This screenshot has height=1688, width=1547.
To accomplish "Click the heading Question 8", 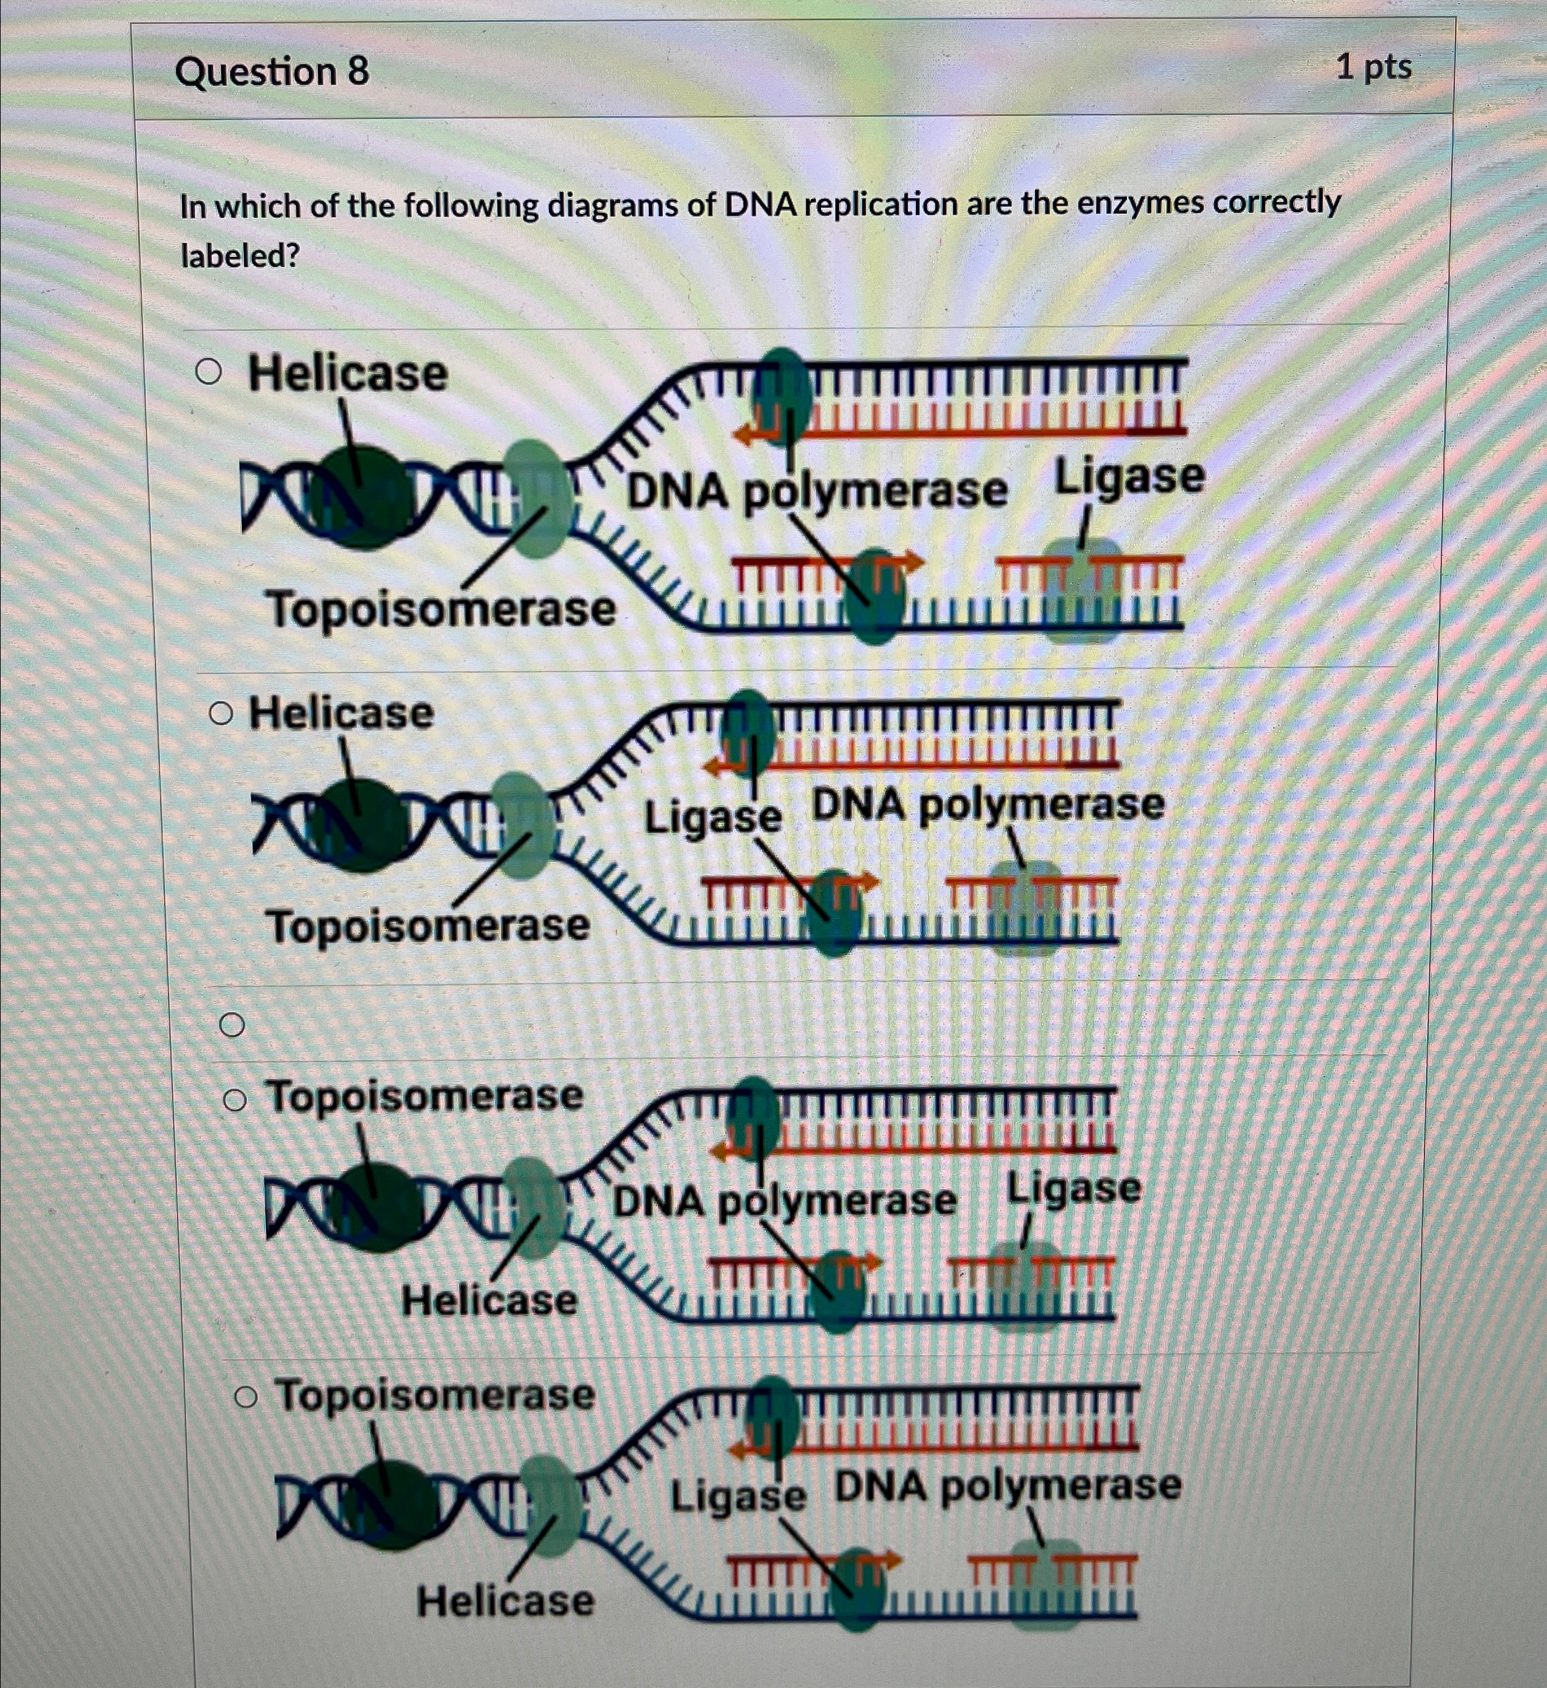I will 272,72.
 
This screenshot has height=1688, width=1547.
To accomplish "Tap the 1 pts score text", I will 1373,67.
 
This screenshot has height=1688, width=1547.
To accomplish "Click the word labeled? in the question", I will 240,255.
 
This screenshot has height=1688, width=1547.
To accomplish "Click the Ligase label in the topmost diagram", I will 1129,478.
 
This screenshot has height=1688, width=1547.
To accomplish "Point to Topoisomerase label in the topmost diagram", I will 441,608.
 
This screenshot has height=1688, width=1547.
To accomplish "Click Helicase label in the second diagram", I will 342,713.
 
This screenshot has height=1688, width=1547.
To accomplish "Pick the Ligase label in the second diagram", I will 713,816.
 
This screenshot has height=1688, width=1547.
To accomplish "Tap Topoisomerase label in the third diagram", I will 425,1096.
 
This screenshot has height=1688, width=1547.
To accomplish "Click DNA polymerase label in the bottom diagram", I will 1008,1486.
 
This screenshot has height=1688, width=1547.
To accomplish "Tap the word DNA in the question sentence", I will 760,204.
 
